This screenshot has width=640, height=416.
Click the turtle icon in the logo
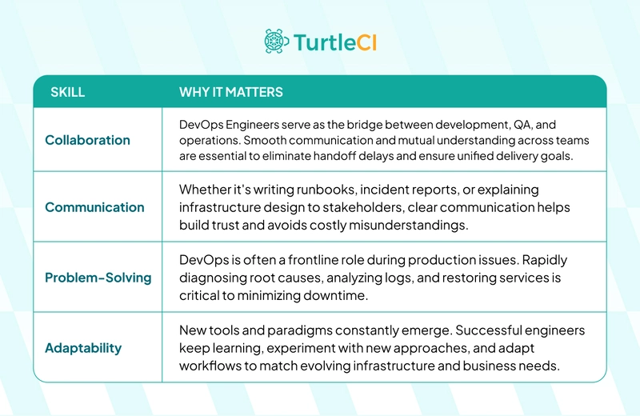click(276, 42)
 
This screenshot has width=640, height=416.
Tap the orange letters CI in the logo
click(366, 42)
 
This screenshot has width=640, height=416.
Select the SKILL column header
click(68, 92)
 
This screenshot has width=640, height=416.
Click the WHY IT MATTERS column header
click(231, 92)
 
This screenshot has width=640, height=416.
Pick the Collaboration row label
click(87, 140)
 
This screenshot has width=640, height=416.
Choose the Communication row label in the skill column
click(94, 207)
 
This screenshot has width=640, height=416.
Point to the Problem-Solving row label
click(98, 278)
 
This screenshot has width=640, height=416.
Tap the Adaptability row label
click(83, 348)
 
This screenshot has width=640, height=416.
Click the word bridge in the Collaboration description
click(362, 125)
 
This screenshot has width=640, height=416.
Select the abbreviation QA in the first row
click(522, 125)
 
